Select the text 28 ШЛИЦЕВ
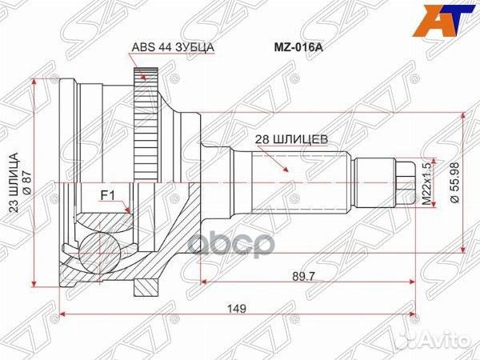[x=289, y=138]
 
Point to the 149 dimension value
[x=236, y=307]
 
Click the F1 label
[x=106, y=193]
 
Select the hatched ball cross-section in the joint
[x=99, y=240]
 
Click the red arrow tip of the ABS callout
[x=144, y=79]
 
